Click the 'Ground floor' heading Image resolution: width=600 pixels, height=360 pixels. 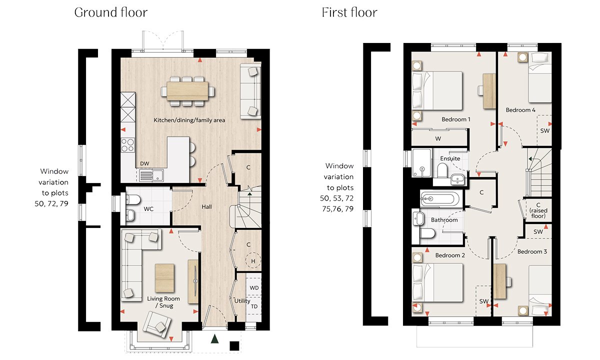111,12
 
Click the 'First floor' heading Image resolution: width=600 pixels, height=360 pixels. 349,12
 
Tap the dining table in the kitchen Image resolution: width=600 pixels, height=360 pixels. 187,91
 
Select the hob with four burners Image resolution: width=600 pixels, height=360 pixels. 128,145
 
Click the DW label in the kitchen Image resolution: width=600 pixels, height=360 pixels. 144,163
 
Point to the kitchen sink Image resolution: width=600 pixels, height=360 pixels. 151,175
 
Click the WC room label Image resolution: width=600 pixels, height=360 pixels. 148,209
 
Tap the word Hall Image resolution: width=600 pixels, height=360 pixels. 206,207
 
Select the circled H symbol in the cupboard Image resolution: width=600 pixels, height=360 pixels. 253,260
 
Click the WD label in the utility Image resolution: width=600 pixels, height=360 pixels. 254,288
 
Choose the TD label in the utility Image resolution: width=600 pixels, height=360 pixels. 254,306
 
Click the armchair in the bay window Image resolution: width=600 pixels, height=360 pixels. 157,325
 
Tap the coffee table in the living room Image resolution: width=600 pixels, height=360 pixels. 164,278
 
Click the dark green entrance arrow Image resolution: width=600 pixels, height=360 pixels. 214,339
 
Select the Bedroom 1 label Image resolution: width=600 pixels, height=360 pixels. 456,119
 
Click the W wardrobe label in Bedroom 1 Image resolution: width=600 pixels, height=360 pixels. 438,139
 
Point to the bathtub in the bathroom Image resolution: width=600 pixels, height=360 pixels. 439,199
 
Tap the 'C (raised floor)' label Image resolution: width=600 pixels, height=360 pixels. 538,210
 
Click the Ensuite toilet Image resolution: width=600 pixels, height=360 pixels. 442,170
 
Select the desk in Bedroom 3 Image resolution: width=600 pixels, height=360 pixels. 500,281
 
